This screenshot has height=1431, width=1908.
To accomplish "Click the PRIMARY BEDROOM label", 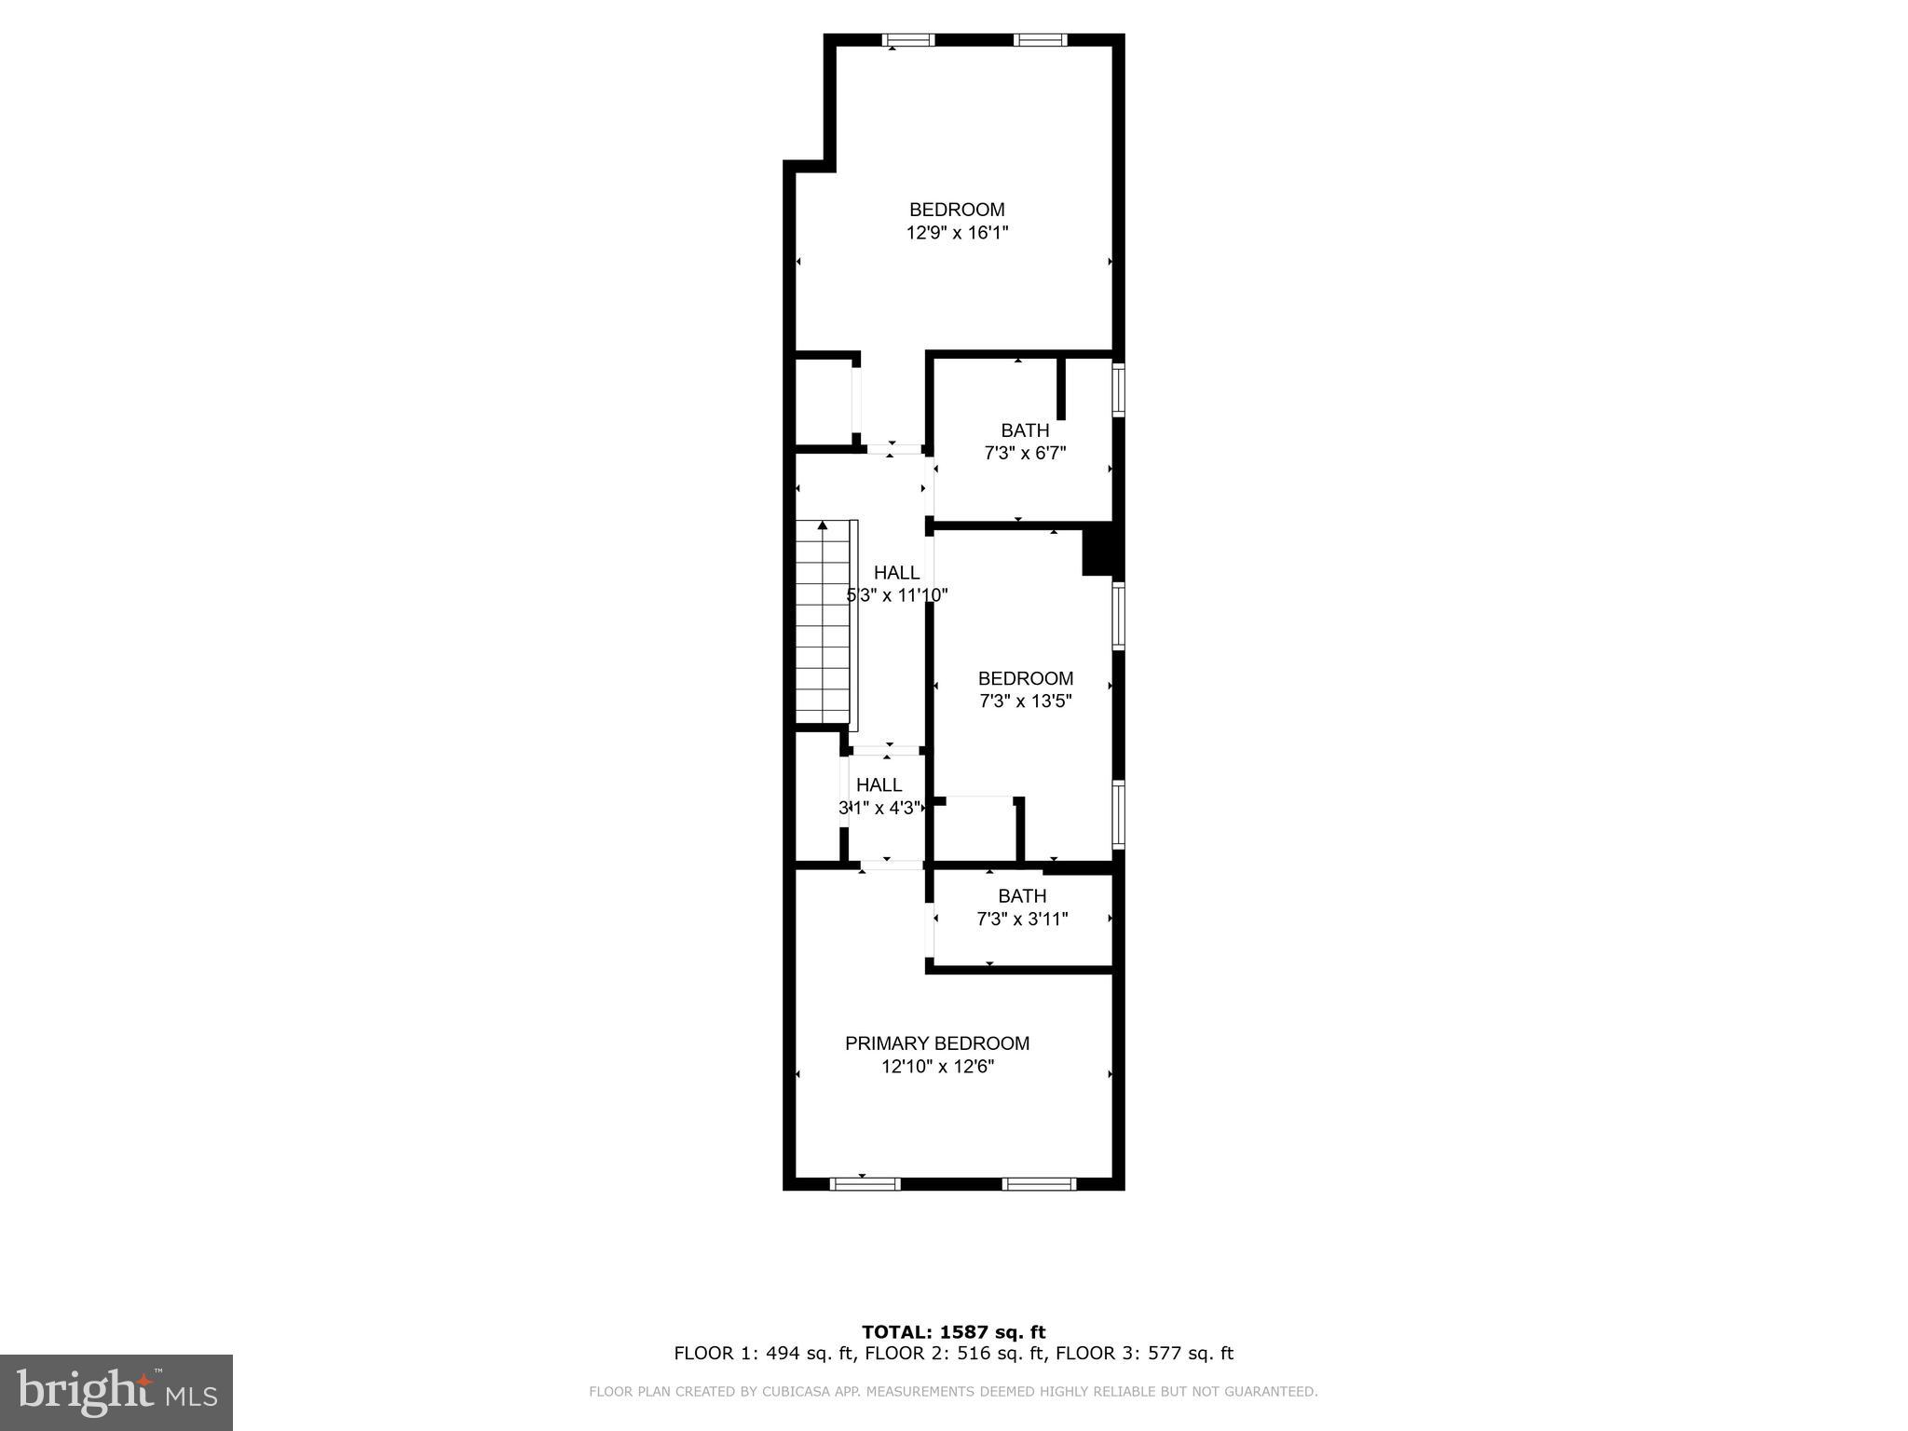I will tap(936, 1043).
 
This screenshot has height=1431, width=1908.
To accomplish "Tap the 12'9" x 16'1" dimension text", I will tap(957, 233).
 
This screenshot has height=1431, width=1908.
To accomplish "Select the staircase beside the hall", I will tap(824, 624).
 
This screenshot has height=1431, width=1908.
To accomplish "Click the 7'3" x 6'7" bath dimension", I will tap(1025, 454).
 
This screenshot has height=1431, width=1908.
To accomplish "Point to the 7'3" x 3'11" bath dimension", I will tap(1022, 920).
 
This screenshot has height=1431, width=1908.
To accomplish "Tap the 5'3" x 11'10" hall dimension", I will tap(897, 595).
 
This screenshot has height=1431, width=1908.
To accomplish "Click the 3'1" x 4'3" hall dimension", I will tap(879, 808).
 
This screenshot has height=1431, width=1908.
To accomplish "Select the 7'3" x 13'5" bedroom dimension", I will tap(1026, 702).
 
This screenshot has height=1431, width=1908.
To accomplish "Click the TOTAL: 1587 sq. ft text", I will tap(953, 1332).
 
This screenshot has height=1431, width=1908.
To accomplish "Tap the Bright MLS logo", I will tap(116, 1392).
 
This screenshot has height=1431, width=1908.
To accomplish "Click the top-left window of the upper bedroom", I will tap(908, 40).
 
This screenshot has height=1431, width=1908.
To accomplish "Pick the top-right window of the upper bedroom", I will tap(1040, 40).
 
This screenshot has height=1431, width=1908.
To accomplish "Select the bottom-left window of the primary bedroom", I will tap(865, 1184).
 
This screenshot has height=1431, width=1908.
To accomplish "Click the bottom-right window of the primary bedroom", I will tap(1039, 1184).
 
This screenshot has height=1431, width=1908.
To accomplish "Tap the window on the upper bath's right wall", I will tap(1119, 389).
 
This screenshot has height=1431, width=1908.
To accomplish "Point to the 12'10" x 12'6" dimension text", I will tap(938, 1067).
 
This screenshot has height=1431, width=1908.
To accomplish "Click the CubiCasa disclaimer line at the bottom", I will tap(953, 1392).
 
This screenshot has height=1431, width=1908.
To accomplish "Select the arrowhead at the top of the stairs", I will tap(822, 526).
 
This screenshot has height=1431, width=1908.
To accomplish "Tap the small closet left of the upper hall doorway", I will tap(824, 402).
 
